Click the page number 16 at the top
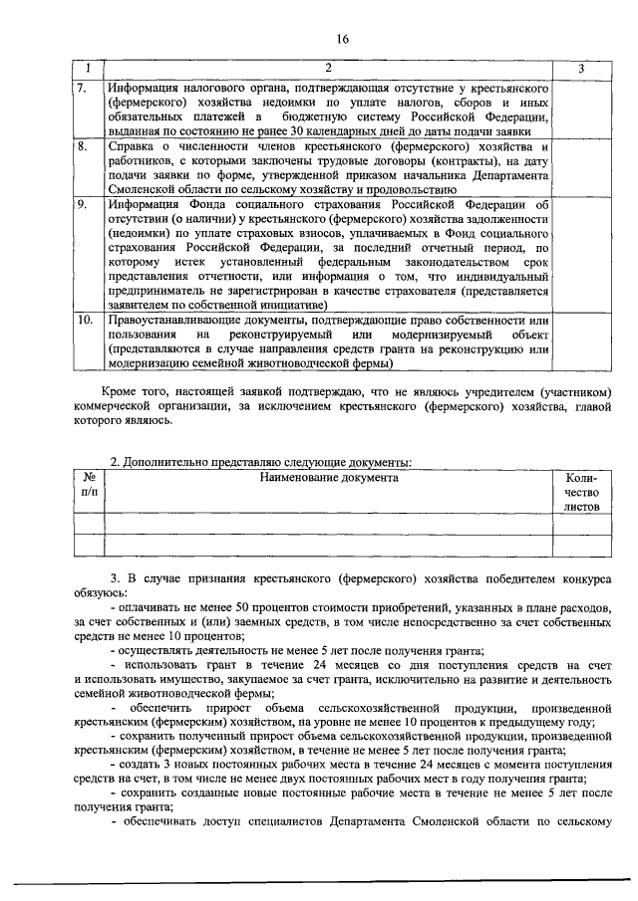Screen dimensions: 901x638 pos(342,39)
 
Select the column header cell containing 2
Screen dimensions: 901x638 pos(329,69)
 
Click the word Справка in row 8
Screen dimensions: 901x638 pos(135,146)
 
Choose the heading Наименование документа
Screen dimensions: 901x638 pos(329,477)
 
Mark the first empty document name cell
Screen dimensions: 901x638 pos(329,523)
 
